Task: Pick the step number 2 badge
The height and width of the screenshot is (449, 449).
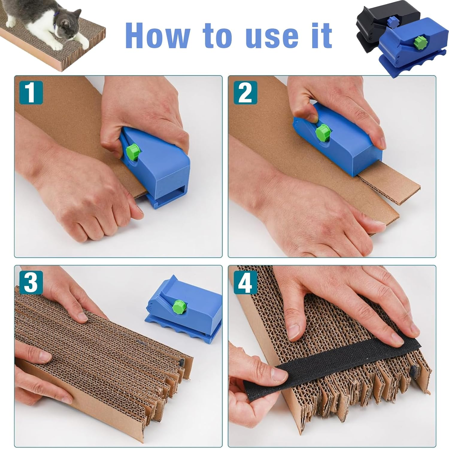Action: tap(245, 93)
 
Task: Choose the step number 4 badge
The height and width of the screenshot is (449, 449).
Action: tap(245, 282)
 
